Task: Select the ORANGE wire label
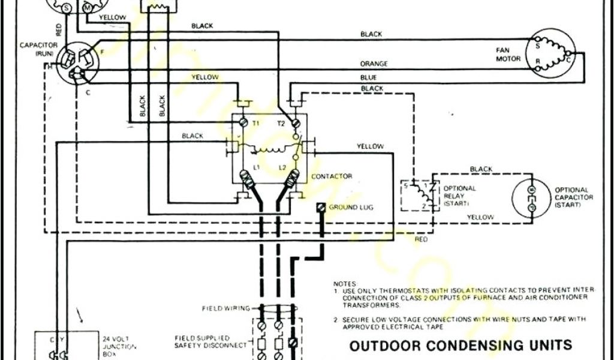coord(374,64)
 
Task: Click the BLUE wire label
coord(369,77)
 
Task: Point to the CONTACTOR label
coord(331,177)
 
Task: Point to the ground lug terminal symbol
coord(320,207)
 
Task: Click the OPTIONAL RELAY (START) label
coord(459,196)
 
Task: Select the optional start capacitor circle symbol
coord(531,196)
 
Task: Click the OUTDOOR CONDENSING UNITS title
coord(460,346)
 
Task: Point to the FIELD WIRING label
coord(228,308)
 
